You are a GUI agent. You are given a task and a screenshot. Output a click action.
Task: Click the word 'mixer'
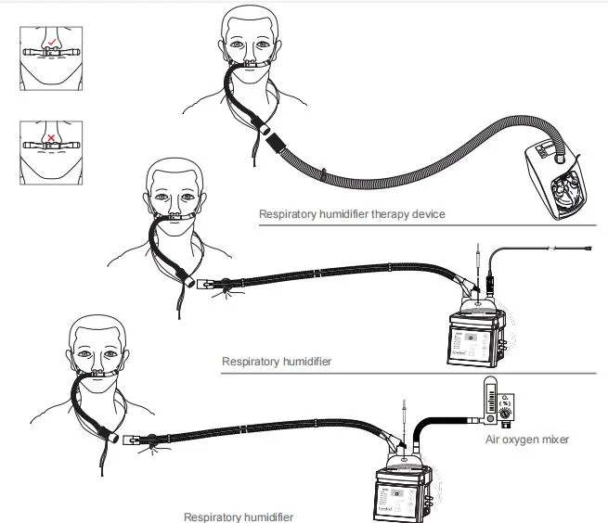point(553,440)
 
